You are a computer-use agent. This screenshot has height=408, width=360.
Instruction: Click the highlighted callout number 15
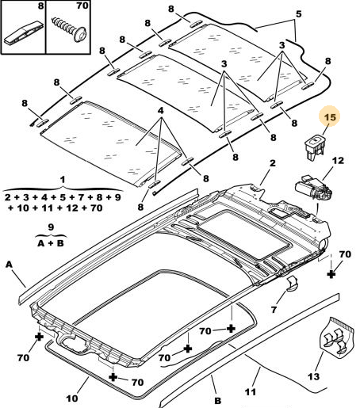point(330,117)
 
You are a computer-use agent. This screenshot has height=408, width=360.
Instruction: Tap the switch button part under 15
point(315,147)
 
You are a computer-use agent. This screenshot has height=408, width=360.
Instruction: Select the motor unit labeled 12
point(314,189)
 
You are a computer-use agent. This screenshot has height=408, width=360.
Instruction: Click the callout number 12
point(338,161)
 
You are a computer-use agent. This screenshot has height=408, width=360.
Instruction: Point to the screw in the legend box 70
point(70,29)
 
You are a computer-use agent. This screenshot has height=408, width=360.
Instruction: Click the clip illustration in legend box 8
point(23,35)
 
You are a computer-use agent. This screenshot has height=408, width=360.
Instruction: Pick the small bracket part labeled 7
point(292,284)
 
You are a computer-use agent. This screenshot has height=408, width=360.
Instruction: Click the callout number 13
point(313,376)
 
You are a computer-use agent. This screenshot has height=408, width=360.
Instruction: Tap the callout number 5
point(298,13)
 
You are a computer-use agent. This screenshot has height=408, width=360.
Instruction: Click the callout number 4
point(160,111)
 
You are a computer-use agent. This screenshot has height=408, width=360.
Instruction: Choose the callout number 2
point(273,163)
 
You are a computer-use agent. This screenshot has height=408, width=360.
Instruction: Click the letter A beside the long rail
point(9,265)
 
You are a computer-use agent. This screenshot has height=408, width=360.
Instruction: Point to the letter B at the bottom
point(217,401)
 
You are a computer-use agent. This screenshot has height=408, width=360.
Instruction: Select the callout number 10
point(72,398)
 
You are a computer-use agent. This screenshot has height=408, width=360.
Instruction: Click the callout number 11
point(251,392)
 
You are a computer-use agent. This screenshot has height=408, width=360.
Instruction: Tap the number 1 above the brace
point(63,180)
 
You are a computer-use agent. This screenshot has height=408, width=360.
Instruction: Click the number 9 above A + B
point(51,227)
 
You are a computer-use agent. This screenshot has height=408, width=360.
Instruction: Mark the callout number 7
point(274,309)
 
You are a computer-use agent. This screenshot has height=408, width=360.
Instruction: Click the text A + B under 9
point(51,243)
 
